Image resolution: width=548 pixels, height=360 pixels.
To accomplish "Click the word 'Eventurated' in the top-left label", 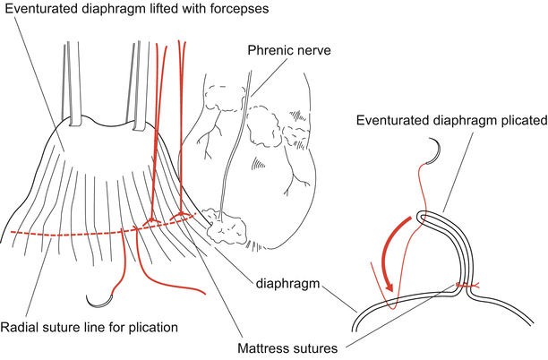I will (x=38, y=9).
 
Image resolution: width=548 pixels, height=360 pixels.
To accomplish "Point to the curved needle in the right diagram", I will (x=432, y=151).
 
